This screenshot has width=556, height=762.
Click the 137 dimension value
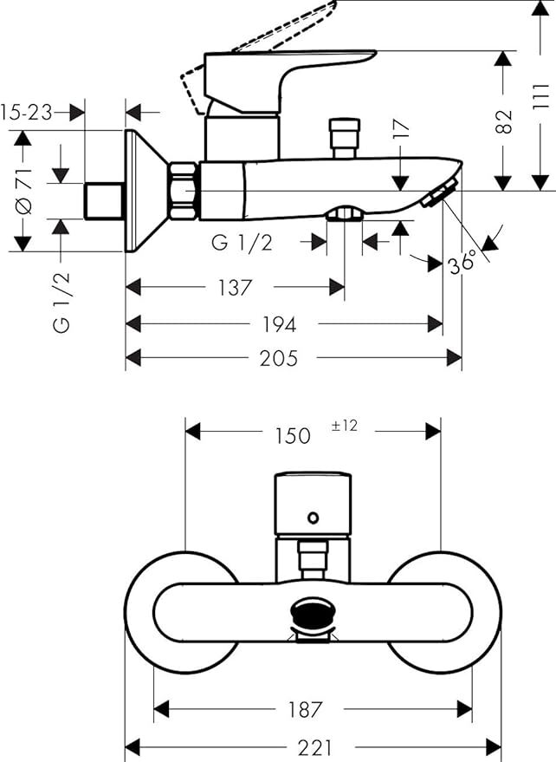[236, 288]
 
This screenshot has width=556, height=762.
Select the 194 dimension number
[279, 324]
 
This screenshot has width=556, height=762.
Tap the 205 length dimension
[279, 359]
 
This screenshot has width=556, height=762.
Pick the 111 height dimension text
[541, 97]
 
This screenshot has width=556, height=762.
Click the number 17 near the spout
[402, 129]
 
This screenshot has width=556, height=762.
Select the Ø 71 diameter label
[24, 191]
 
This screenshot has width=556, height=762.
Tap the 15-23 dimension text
[26, 113]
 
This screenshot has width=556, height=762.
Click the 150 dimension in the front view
[293, 436]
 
